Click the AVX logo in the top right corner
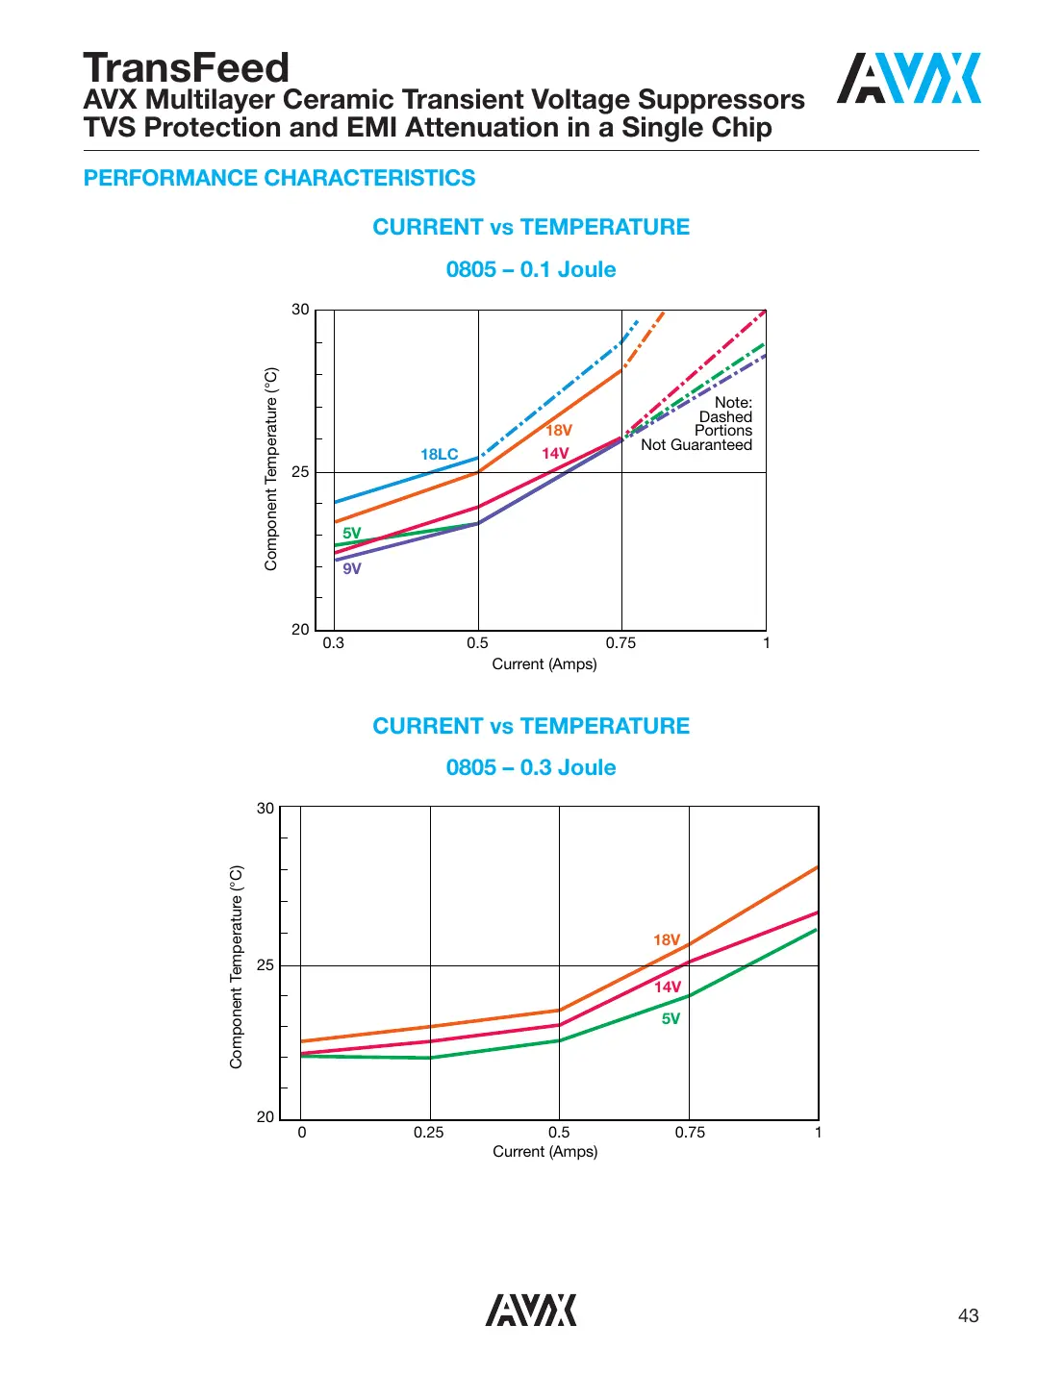point(908,79)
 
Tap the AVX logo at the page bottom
point(531,1310)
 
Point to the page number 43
point(968,1315)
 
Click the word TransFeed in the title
point(186,68)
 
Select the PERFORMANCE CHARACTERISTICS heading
point(279,178)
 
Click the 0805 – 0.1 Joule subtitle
point(531,269)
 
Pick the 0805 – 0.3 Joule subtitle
point(531,767)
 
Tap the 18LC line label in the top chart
point(439,454)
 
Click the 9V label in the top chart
point(352,568)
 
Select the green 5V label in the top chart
point(352,533)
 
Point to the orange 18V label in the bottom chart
point(667,939)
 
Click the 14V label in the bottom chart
point(668,987)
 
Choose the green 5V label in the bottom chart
point(671,1018)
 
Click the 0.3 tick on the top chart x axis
point(333,642)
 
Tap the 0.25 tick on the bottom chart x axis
point(429,1132)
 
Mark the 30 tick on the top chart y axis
point(300,310)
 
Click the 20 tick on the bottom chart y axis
point(266,1116)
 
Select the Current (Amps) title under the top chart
point(544,663)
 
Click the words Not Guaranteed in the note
point(696,444)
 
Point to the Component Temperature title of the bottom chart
point(237,966)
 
